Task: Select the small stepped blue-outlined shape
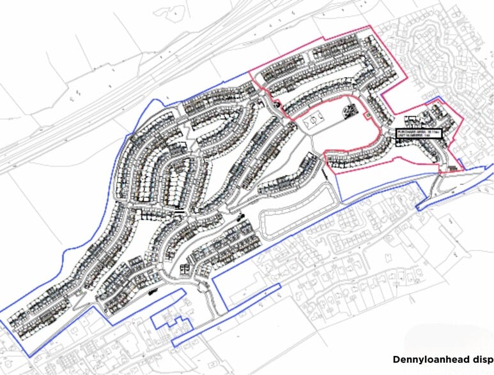coord(169,322)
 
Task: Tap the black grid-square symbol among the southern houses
coord(186,268)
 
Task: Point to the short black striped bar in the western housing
coord(180,209)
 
